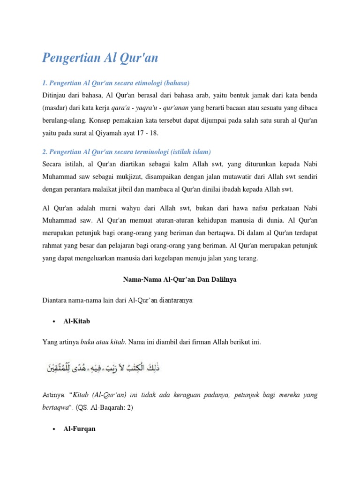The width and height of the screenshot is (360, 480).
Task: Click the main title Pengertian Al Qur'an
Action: point(100,58)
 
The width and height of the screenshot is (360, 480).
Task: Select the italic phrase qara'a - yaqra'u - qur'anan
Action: point(141,107)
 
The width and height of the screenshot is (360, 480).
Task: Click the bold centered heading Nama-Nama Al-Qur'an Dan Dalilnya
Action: point(180,279)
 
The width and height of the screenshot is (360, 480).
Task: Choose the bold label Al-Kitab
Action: point(76,322)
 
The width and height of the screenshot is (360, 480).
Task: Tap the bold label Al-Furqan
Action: point(79,429)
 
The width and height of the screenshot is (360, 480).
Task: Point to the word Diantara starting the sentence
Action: point(55,300)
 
